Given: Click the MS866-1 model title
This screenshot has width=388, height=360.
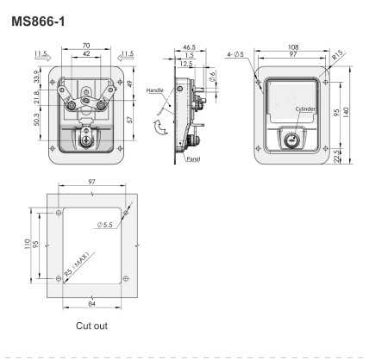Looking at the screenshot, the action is (x=38, y=22).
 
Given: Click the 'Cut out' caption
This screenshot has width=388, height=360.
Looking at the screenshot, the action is (x=91, y=326).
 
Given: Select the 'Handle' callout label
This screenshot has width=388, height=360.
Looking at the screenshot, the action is (x=154, y=90).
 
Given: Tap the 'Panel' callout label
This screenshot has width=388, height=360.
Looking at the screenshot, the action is (x=193, y=159).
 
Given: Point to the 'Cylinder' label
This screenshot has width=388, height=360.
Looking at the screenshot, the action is (x=305, y=109).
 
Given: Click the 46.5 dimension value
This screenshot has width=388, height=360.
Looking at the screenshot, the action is (x=189, y=47).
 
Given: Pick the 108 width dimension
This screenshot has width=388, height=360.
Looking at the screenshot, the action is (x=293, y=47).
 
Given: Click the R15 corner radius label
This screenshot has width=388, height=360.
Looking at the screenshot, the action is (x=337, y=55).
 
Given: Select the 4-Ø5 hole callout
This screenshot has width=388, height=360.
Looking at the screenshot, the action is (x=235, y=54).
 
